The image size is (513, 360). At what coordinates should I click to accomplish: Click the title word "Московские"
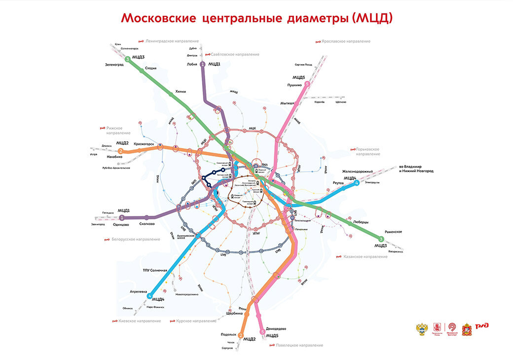159,18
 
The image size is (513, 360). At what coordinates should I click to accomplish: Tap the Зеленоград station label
114,64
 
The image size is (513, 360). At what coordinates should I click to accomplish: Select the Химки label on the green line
180,91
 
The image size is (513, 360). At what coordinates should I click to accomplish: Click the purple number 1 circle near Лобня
202,64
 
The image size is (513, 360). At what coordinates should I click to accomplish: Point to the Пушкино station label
294,85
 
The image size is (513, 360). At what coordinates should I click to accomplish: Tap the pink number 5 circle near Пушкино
307,84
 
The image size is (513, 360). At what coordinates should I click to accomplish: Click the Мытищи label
287,103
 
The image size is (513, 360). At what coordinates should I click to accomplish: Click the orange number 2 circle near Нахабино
120,150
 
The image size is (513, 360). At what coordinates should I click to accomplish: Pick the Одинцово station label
120,224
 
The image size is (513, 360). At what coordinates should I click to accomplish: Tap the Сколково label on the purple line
147,223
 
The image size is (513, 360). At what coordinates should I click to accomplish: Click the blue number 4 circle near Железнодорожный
356,183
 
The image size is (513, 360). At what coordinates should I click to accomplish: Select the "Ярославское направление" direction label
346,41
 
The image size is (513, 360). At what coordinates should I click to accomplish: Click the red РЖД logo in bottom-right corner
482,326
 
